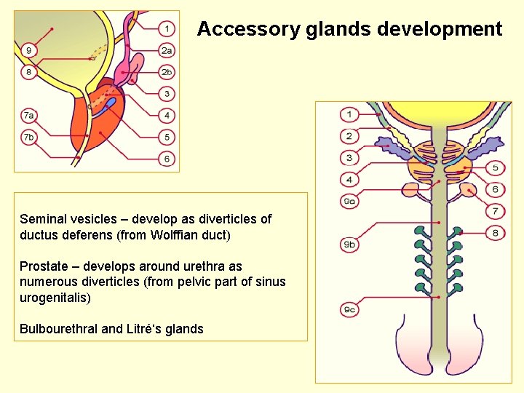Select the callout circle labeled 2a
pyautogui.click(x=167, y=50)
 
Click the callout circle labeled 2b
pyautogui.click(x=167, y=72)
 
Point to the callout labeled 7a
pyautogui.click(x=28, y=115)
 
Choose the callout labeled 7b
pyautogui.click(x=28, y=137)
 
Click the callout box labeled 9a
pyautogui.click(x=349, y=201)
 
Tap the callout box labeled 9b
pyautogui.click(x=349, y=245)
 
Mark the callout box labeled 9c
pyautogui.click(x=349, y=311)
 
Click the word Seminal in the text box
pyautogui.click(x=42, y=219)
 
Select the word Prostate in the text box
pyautogui.click(x=44, y=266)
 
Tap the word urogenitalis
pyautogui.click(x=53, y=298)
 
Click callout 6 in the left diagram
pyautogui.click(x=167, y=159)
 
